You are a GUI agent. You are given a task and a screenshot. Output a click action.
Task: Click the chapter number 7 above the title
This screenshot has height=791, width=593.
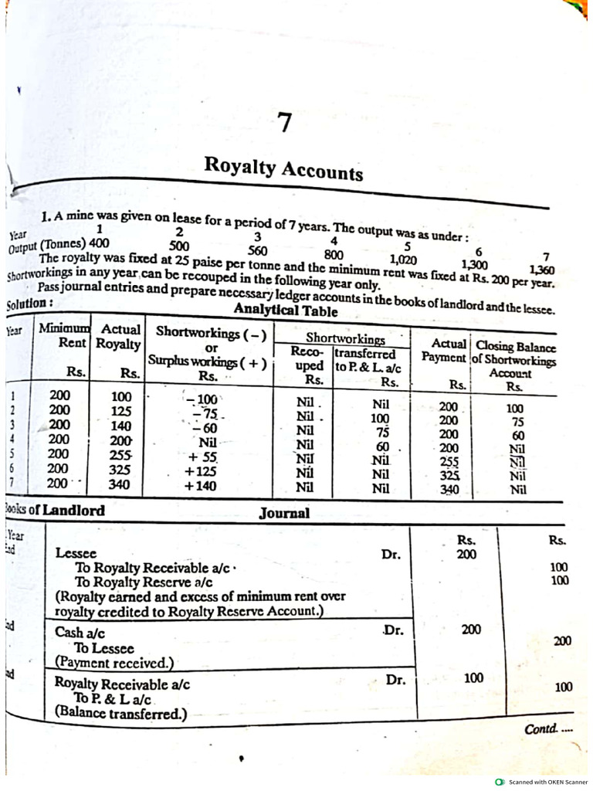(x=286, y=123)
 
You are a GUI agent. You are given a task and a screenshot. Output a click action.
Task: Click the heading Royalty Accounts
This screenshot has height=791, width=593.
(x=283, y=168)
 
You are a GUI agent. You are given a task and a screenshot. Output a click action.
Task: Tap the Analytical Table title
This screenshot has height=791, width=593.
(x=286, y=311)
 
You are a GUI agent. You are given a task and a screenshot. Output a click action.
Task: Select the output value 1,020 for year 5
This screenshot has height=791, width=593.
(x=404, y=260)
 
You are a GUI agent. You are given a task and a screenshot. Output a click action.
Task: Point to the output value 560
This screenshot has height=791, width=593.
(x=257, y=250)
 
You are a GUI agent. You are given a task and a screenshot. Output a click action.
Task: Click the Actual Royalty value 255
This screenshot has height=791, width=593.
(x=120, y=456)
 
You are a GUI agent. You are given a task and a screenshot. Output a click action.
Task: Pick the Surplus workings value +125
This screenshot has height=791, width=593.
(x=200, y=471)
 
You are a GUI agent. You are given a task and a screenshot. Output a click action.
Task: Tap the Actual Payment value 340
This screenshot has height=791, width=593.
(x=449, y=489)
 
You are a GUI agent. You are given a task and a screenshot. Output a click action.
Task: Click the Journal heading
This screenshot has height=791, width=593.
(x=284, y=513)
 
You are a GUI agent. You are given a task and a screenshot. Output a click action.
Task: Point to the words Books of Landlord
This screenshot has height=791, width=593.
(x=54, y=511)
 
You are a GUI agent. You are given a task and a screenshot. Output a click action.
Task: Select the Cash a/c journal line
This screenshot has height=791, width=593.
(x=80, y=632)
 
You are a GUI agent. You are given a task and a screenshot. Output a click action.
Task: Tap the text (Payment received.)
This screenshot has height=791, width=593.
(x=114, y=662)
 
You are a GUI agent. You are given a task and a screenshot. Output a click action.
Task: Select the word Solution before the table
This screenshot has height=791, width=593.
(x=29, y=304)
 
